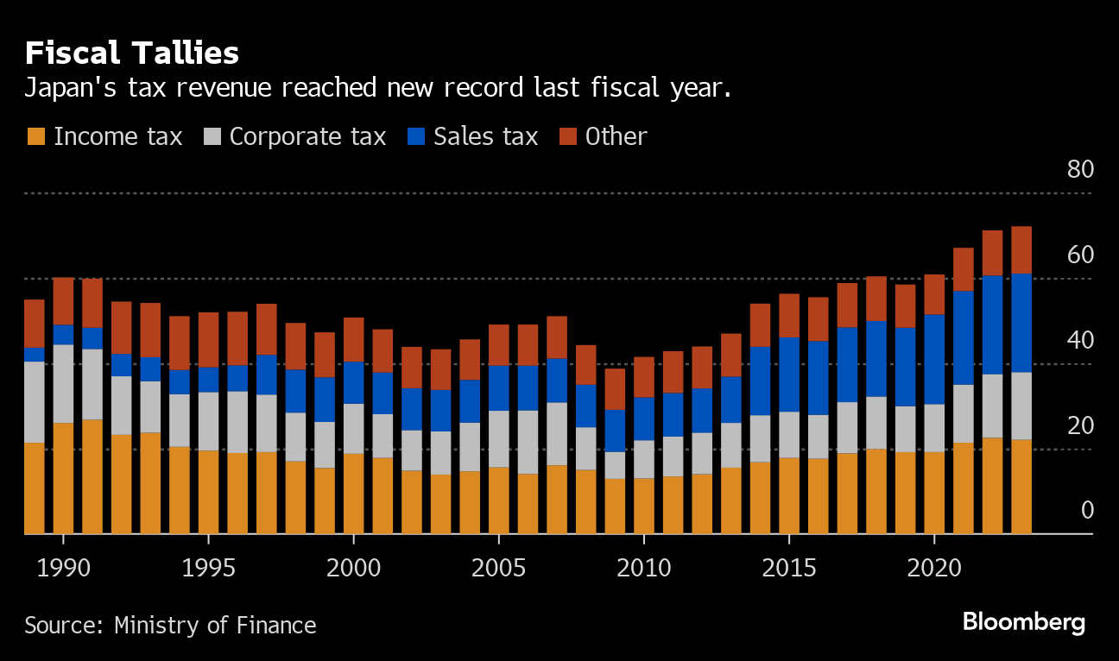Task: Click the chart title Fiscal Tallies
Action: pyautogui.click(x=132, y=54)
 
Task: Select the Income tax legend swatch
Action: pyautogui.click(x=36, y=136)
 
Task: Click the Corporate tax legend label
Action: pyautogui.click(x=307, y=136)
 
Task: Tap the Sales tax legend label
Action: pyautogui.click(x=485, y=136)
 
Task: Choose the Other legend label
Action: pyautogui.click(x=616, y=136)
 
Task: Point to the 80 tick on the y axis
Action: pyautogui.click(x=1080, y=169)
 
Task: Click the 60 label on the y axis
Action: pyautogui.click(x=1080, y=255)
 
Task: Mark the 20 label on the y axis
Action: pyautogui.click(x=1080, y=426)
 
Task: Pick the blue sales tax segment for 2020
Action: pyautogui.click(x=934, y=359)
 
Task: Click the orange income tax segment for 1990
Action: pyautogui.click(x=63, y=478)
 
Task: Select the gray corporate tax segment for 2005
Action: pyautogui.click(x=499, y=438)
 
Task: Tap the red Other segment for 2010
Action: pyautogui.click(x=644, y=377)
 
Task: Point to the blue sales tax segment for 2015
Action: pyautogui.click(x=789, y=375)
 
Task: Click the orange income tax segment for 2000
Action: pyautogui.click(x=354, y=494)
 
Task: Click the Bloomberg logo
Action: pyautogui.click(x=1023, y=622)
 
